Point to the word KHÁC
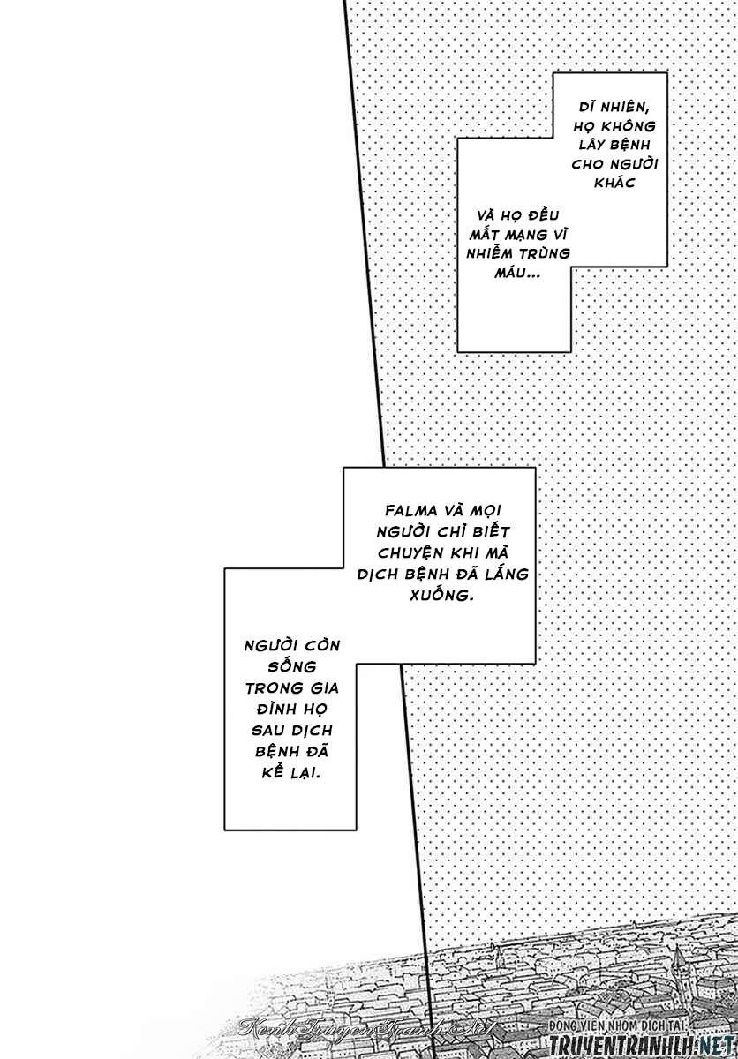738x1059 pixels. tap(614, 183)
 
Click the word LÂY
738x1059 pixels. tap(593, 144)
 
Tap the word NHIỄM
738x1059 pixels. tap(489, 253)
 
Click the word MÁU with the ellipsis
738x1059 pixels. tap(518, 273)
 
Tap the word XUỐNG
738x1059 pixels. tap(441, 594)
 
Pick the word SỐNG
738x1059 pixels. tap(291, 666)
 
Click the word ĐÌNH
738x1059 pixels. tap(275, 709)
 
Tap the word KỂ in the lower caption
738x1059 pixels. tap(273, 772)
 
